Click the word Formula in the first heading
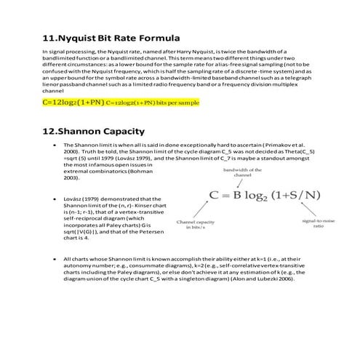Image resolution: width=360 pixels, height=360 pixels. [159, 37]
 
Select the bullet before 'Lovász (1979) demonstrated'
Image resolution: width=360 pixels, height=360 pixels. [55, 199]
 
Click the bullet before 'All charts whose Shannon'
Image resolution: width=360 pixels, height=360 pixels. [55, 258]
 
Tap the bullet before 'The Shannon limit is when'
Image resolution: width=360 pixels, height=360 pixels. [55, 145]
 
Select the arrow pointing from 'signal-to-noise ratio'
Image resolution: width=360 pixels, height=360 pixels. [309, 211]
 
